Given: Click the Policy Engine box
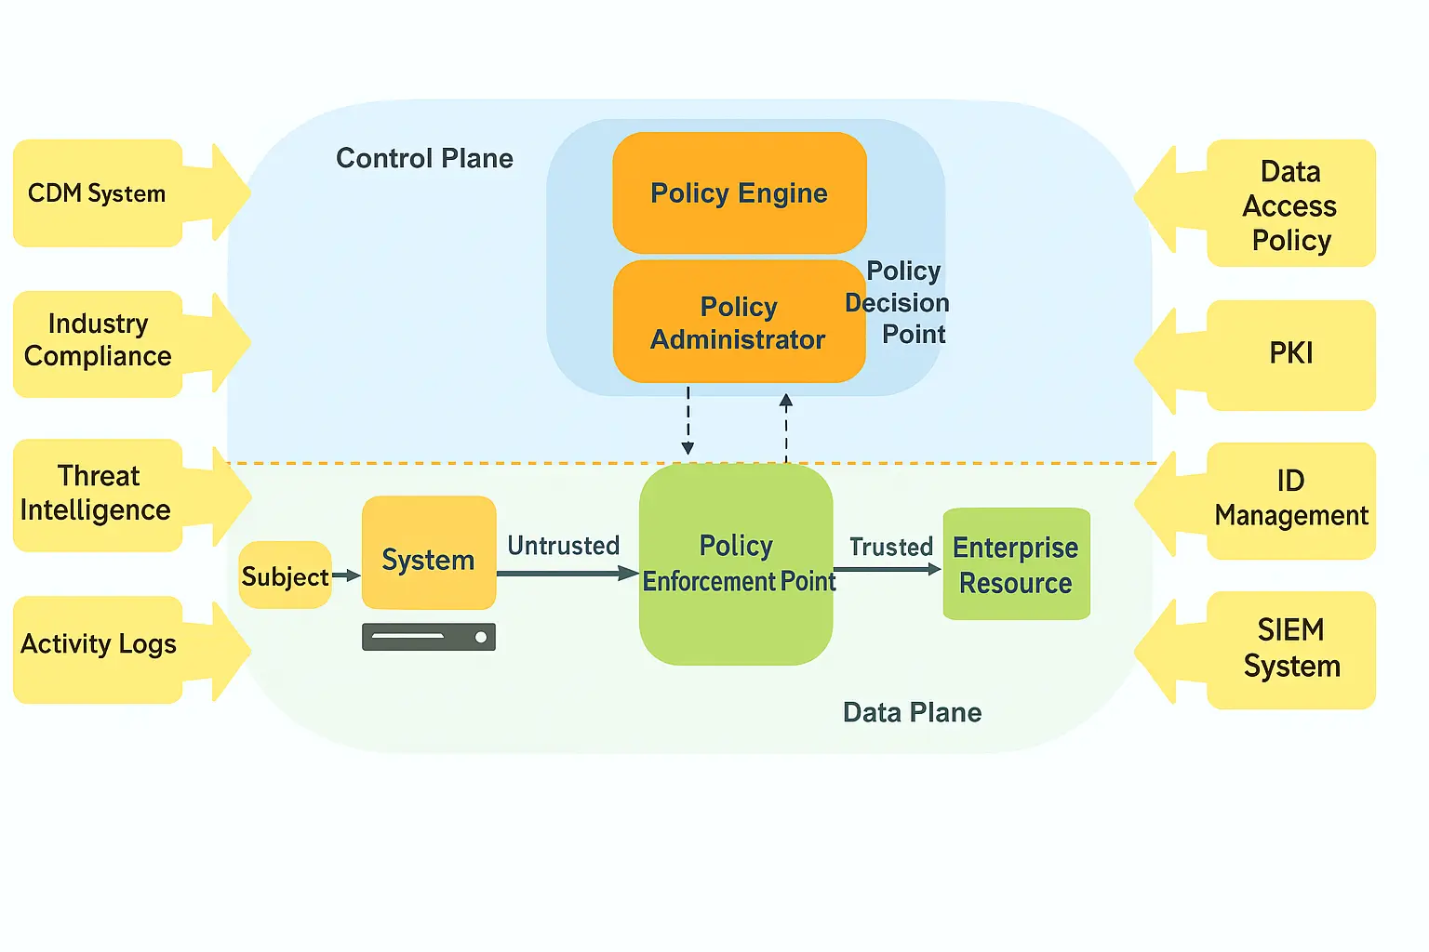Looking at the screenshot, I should coord(740,193).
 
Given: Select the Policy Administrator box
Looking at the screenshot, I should coord(739,322).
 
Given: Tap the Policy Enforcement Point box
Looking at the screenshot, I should coord(736,563).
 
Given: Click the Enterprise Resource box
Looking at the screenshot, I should coord(1016,564).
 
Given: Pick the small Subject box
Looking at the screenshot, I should coord(285,575).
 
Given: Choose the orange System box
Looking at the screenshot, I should coord(429,553).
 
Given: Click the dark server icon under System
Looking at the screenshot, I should coord(429,637).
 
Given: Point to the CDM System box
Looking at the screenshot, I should coord(98,193).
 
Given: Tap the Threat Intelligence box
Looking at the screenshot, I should coord(97,495).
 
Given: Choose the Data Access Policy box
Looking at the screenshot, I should coord(1290,205).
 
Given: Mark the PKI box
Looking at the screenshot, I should coord(1290,354).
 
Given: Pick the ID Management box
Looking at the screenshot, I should coord(1290,500).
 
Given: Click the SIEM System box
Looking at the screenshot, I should coord(1290,649).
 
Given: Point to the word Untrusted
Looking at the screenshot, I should coord(564,546).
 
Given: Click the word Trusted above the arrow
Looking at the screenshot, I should coord(890,547).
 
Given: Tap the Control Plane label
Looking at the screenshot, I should coord(424,159).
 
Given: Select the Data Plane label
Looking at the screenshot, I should coord(912,713).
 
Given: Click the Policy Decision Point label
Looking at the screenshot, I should coord(899,303).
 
